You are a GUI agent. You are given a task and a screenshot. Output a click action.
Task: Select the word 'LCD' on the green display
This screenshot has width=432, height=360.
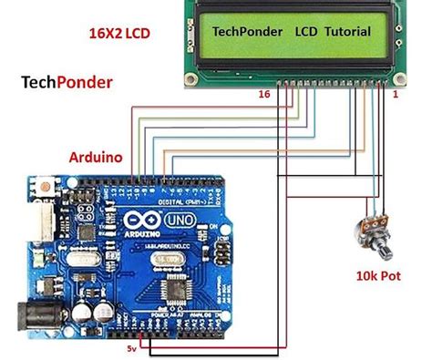coord(306,31)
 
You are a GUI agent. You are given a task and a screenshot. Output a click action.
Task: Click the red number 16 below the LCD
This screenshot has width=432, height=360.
coord(264,94)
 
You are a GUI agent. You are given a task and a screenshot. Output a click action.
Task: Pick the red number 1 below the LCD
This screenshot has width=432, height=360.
coord(395,94)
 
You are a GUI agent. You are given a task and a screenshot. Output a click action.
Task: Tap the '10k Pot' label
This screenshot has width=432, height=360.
coord(376,272)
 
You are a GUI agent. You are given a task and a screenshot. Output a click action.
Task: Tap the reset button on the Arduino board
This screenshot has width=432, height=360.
coord(43,188)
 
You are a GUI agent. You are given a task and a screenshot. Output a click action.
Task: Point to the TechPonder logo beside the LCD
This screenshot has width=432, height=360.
coord(67,83)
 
